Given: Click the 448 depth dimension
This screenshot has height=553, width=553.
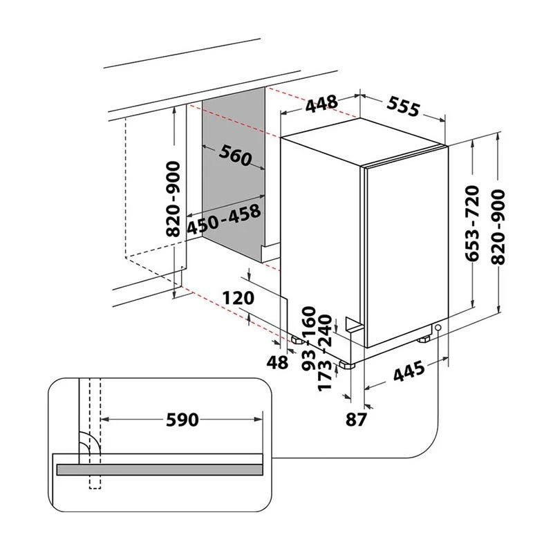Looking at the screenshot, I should point(321,104).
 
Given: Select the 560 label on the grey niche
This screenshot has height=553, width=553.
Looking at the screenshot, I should point(234,157).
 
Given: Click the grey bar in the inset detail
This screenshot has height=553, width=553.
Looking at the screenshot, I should point(159,469).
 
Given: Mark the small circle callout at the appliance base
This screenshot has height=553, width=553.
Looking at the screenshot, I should point(438,327).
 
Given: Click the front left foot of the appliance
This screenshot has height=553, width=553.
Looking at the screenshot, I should point(346,362).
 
